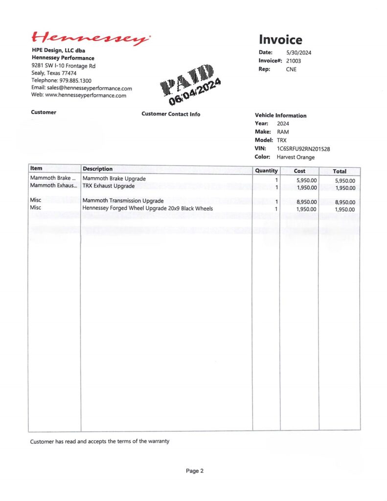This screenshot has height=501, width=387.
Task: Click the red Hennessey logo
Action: (91, 38)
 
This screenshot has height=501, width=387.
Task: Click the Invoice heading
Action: (280, 40)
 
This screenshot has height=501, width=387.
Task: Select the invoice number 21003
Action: (294, 61)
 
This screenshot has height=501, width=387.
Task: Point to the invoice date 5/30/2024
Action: (299, 52)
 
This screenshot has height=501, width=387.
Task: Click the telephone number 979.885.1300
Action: (75, 80)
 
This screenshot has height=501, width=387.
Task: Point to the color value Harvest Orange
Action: (296, 157)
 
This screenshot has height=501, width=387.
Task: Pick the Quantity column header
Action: (266, 171)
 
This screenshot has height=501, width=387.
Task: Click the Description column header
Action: (98, 169)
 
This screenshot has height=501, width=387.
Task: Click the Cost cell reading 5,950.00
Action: (307, 180)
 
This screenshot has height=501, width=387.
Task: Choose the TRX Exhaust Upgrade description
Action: (108, 186)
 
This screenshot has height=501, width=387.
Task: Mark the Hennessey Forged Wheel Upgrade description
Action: (147, 208)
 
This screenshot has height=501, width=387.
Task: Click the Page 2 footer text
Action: (194, 471)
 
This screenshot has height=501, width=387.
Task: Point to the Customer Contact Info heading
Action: (171, 114)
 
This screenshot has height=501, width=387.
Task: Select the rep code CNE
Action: (291, 69)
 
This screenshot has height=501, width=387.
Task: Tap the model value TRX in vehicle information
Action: (282, 140)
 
